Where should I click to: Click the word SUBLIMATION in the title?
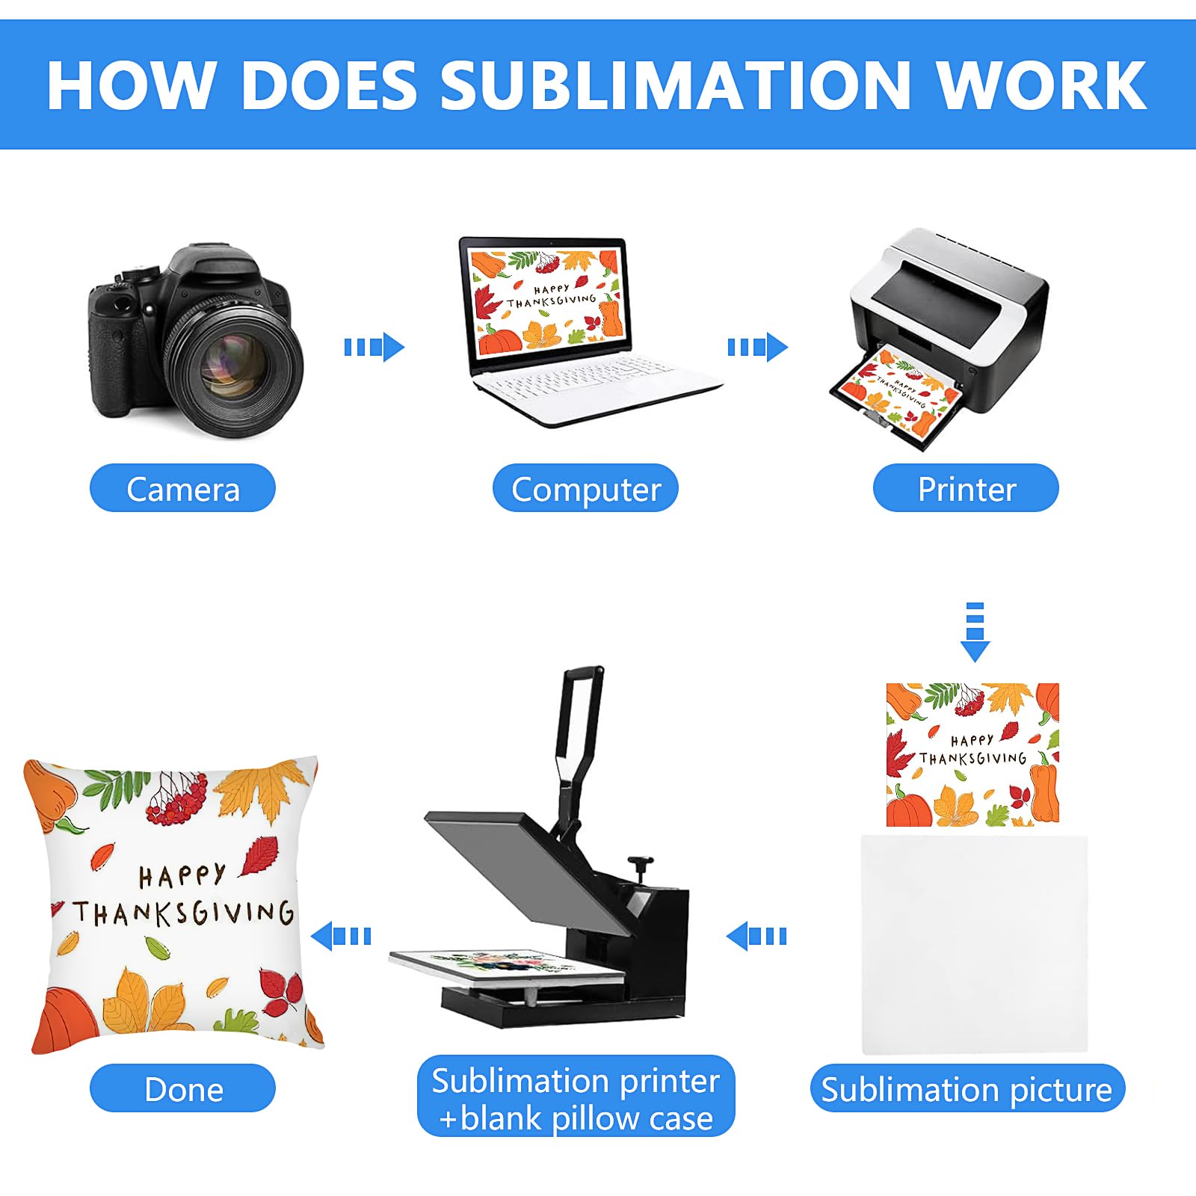[x=675, y=85]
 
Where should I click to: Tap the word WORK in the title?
[x=1041, y=85]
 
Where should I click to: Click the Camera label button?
[x=182, y=488]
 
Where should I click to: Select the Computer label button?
[x=585, y=488]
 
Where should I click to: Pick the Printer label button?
[x=966, y=488]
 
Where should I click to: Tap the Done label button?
[x=182, y=1088]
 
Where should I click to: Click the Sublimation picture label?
[x=967, y=1088]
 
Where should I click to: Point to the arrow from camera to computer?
[x=374, y=348]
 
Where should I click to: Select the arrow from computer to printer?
[x=757, y=348]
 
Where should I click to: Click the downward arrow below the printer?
[x=975, y=632]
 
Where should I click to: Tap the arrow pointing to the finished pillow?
[x=341, y=936]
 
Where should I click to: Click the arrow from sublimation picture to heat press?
[x=756, y=936]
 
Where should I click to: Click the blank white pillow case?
[x=974, y=944]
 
